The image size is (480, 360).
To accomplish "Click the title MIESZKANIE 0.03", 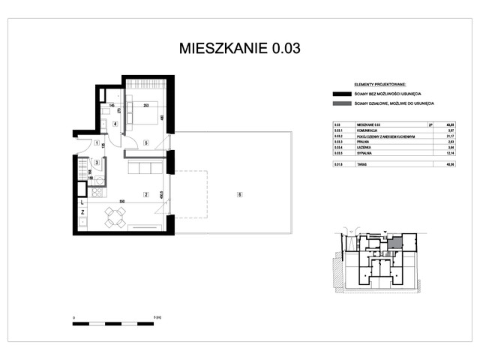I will (240, 49).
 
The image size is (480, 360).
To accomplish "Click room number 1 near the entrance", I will (97, 142).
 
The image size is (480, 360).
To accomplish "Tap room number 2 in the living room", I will (147, 193).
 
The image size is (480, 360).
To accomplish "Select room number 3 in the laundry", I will (97, 162).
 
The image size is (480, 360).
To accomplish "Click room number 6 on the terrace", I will (238, 194).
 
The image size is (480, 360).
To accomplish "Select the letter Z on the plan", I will (82, 213).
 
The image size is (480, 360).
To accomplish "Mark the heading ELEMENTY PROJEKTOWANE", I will (374, 85).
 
